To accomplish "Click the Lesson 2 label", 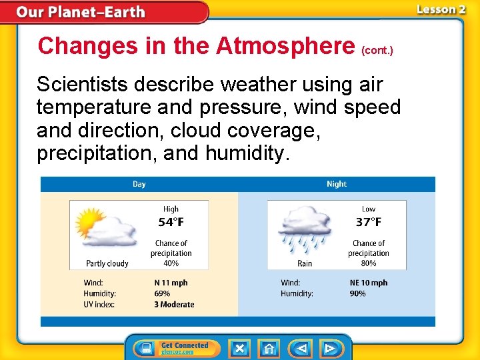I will pyautogui.click(x=441, y=9).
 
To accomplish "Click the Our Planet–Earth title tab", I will pyautogui.click(x=80, y=12).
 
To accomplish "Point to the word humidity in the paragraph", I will pyautogui.click(x=247, y=153).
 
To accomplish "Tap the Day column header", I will pyautogui.click(x=139, y=184).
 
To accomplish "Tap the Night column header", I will pyautogui.click(x=337, y=184).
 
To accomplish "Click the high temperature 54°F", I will pyautogui.click(x=171, y=222).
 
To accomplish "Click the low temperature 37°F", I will pyautogui.click(x=368, y=222).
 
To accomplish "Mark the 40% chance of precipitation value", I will pyautogui.click(x=171, y=263).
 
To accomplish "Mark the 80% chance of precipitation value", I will pyautogui.click(x=368, y=263).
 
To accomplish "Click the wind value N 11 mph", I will pyautogui.click(x=171, y=283).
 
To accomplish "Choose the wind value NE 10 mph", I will pyautogui.click(x=368, y=283).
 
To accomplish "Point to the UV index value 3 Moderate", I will pyautogui.click(x=174, y=305).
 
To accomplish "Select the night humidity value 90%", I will pyautogui.click(x=357, y=293).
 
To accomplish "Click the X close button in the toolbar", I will pyautogui.click(x=239, y=348).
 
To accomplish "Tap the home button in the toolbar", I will pyautogui.click(x=269, y=348).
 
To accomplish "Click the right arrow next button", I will pyautogui.click(x=330, y=348).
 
